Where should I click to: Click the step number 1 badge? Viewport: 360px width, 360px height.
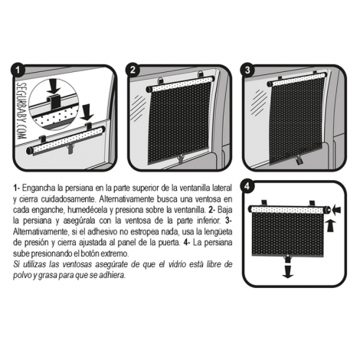pos(18,70)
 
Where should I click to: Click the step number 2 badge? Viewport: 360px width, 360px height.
pos(133,70)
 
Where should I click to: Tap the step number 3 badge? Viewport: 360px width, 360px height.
pos(247,70)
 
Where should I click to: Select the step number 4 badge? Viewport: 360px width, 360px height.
pos(247,186)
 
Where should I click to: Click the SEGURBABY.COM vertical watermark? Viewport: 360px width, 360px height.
pos(21,110)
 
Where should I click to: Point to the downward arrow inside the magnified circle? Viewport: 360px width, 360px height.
pos(54,86)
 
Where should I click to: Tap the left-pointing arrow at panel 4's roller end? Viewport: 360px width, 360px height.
pos(337,210)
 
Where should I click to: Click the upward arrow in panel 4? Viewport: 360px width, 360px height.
pos(331,226)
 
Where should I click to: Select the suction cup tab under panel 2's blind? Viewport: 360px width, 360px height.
pos(181,159)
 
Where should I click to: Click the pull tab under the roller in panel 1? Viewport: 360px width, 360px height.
pos(70,149)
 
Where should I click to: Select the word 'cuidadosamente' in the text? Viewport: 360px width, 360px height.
pos(67,199)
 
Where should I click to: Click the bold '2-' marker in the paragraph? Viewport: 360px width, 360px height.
pos(212,210)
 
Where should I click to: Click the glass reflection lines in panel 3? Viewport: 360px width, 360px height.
pos(258,102)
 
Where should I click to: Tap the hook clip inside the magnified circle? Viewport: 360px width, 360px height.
pos(55,103)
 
